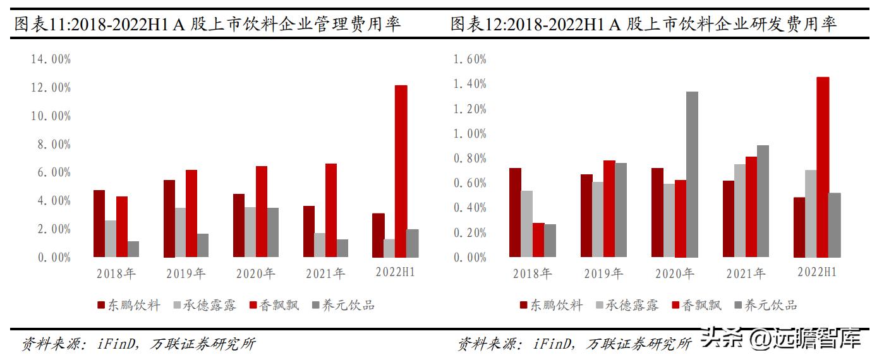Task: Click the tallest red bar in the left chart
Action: point(401,171)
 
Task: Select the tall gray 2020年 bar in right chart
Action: point(693,174)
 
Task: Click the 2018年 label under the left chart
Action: point(116,273)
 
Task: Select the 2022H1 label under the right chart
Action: point(817,272)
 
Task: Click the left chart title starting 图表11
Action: point(207,25)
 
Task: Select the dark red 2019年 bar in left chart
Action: point(169,219)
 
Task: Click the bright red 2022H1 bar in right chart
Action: point(823,167)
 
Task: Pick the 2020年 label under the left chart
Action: point(256,273)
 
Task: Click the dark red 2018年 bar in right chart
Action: point(515,212)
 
